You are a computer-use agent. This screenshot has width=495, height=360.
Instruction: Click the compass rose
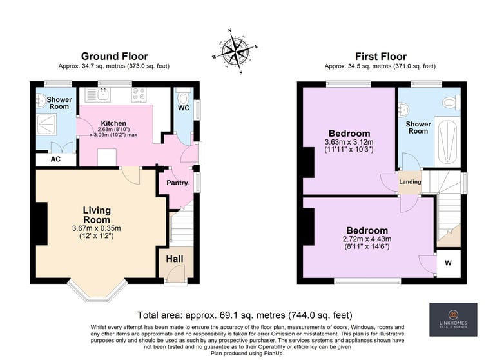(235, 51)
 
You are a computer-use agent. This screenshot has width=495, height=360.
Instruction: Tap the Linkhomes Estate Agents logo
(453, 319)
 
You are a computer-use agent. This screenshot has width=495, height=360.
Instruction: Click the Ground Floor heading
(115, 56)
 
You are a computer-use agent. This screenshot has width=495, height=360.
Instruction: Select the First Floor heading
(381, 57)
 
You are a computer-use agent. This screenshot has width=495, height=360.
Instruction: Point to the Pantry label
(177, 183)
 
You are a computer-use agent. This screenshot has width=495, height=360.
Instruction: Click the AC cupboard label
(55, 159)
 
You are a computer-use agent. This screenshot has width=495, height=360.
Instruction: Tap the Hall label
(175, 259)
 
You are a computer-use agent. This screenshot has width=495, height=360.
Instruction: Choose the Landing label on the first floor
(410, 181)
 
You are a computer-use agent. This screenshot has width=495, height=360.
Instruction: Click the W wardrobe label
(449, 263)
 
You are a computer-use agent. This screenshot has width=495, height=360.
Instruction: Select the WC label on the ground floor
(184, 108)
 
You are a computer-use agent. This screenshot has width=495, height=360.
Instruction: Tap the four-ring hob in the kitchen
(139, 94)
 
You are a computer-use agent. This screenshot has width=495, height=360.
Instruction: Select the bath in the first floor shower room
(447, 141)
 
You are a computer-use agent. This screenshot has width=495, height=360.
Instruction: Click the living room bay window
(97, 292)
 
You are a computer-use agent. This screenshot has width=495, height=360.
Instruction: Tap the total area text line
(245, 315)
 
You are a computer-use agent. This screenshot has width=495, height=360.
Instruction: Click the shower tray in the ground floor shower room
(47, 125)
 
